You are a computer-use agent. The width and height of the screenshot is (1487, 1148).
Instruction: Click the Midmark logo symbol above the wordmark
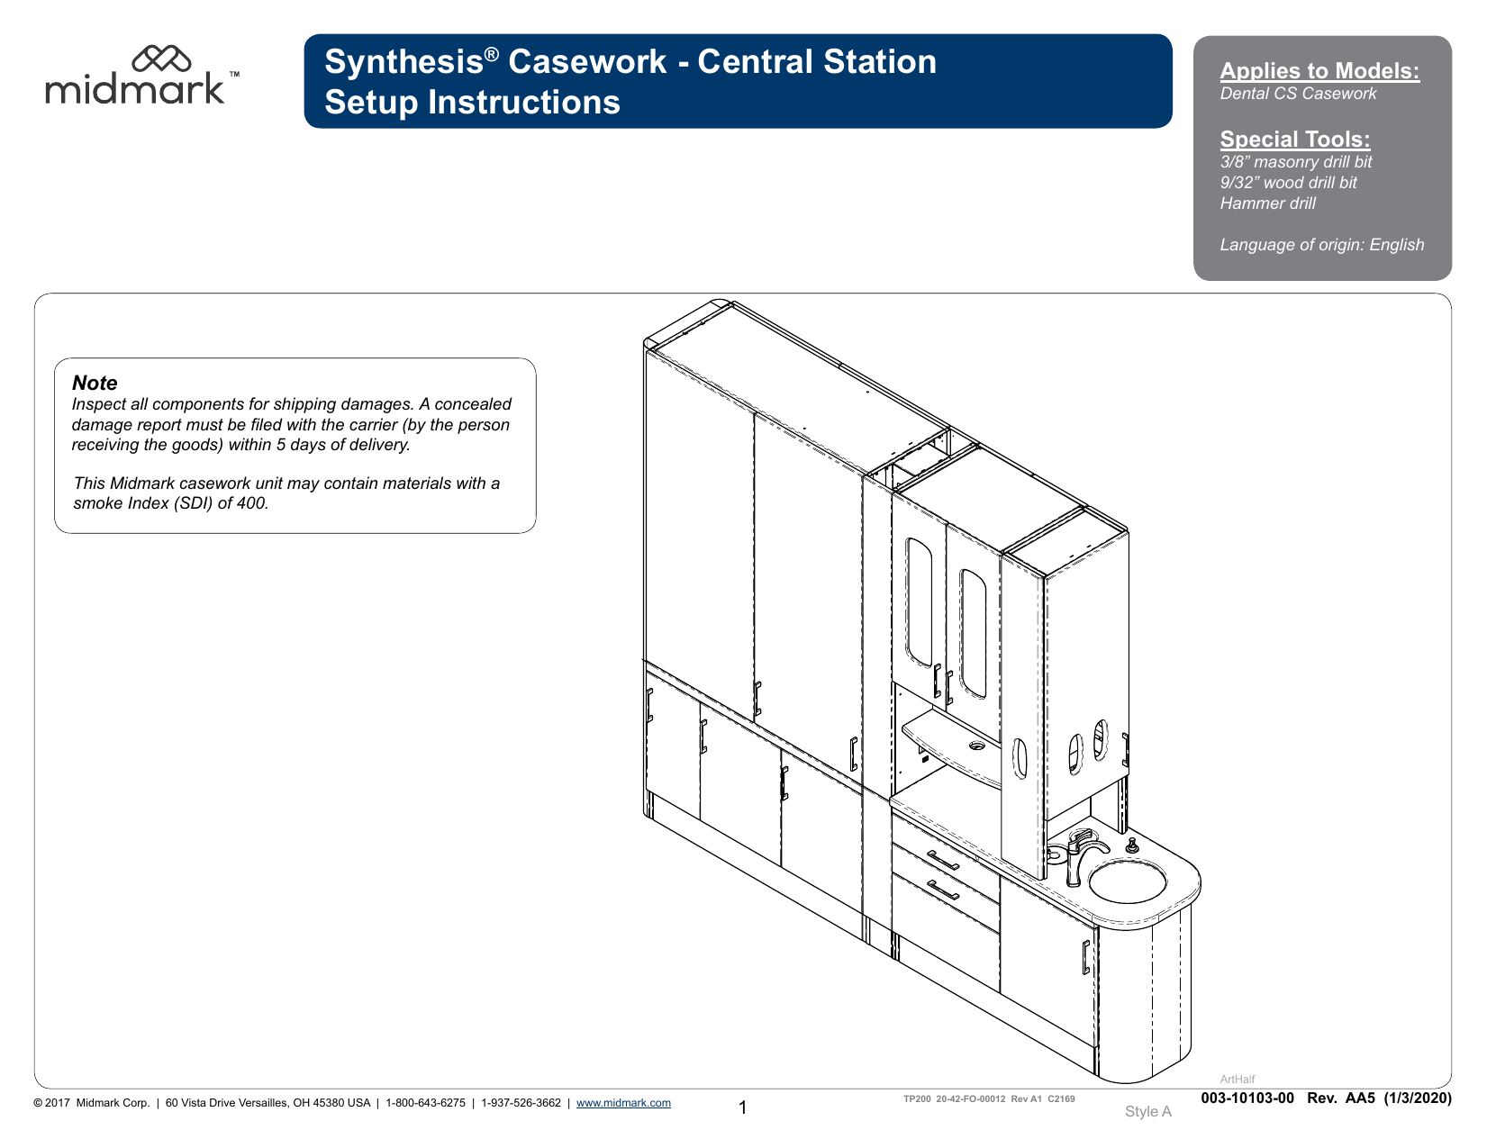click(x=161, y=59)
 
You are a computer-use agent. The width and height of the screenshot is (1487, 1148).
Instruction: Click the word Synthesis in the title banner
click(x=403, y=62)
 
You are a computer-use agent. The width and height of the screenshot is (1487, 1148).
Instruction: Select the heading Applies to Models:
click(x=1319, y=71)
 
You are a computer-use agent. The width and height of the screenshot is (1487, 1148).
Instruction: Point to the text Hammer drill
click(x=1267, y=203)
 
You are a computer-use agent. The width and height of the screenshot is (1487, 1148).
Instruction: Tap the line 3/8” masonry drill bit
click(x=1295, y=162)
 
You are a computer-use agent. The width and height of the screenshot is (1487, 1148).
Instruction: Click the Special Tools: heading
click(x=1294, y=140)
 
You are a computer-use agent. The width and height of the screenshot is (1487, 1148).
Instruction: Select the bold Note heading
click(x=95, y=383)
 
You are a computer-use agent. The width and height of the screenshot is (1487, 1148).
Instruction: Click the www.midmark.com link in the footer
click(x=623, y=1103)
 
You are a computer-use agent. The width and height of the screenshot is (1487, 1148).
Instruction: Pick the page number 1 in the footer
click(x=743, y=1107)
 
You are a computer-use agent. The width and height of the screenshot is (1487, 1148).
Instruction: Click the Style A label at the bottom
click(x=1147, y=1112)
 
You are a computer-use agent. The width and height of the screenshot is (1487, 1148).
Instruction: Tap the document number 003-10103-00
click(x=1247, y=1098)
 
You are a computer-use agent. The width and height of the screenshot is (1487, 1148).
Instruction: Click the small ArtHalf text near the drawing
click(x=1237, y=1080)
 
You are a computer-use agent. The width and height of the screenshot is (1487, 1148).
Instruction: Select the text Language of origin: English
click(x=1321, y=245)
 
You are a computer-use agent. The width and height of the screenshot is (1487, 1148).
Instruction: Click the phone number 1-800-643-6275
click(x=425, y=1103)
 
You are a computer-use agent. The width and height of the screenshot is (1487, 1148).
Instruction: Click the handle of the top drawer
click(x=943, y=860)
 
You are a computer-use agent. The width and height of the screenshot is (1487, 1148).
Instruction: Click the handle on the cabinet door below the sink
click(x=1085, y=957)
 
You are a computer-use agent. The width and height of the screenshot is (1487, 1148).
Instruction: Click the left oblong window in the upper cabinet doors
click(x=919, y=601)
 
